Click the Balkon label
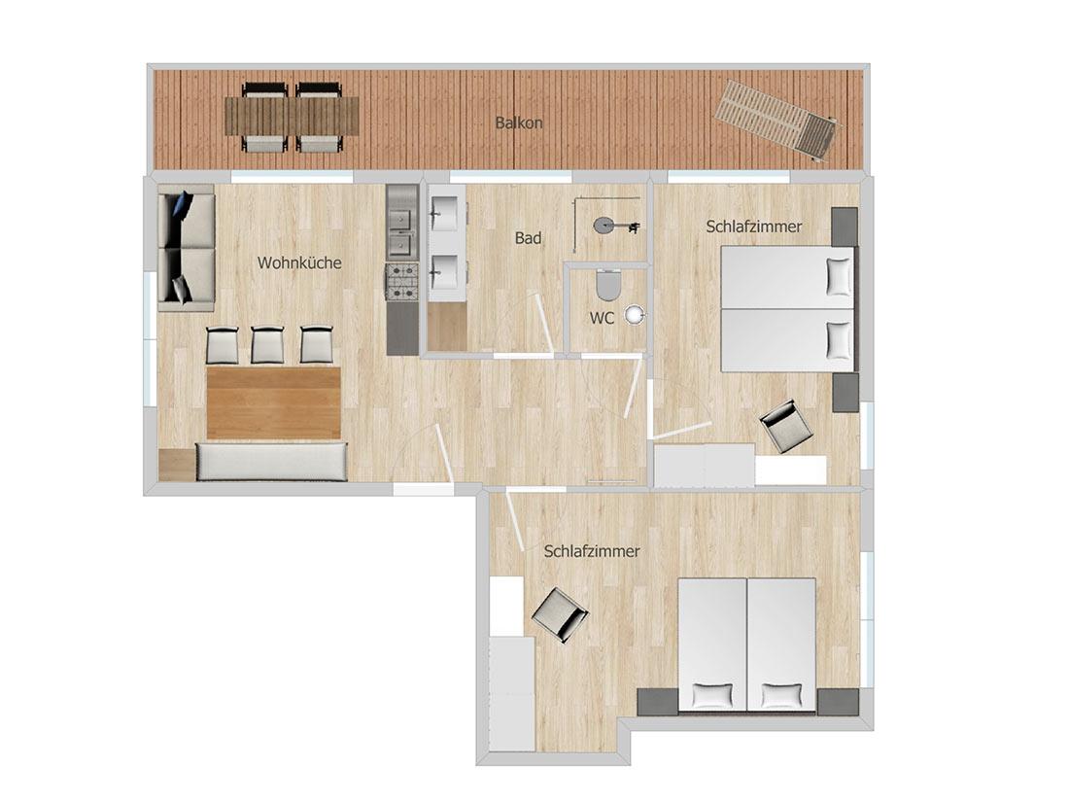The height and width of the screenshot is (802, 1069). (519, 123)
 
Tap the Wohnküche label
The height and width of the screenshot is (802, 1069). (299, 262)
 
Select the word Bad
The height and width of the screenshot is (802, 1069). (528, 238)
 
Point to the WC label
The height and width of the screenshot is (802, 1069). (602, 318)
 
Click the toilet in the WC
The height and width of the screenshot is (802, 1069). (607, 285)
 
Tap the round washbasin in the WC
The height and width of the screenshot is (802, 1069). (636, 314)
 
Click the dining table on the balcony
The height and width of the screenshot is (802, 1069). (292, 116)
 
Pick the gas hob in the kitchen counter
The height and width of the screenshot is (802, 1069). (402, 282)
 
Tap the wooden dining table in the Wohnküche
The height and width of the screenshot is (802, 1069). (273, 402)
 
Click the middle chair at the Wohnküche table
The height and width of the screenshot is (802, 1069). (267, 345)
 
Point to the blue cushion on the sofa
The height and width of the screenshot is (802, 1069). (183, 205)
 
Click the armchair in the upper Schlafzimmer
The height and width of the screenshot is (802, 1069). (787, 426)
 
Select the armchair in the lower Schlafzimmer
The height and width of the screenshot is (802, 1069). (559, 613)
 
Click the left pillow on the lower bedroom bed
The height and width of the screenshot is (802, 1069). (712, 696)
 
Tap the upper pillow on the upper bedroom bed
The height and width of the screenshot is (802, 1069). (838, 276)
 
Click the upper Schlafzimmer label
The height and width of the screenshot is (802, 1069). (754, 227)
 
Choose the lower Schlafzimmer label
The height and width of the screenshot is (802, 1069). (592, 551)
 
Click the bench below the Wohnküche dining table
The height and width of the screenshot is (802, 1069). (272, 462)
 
